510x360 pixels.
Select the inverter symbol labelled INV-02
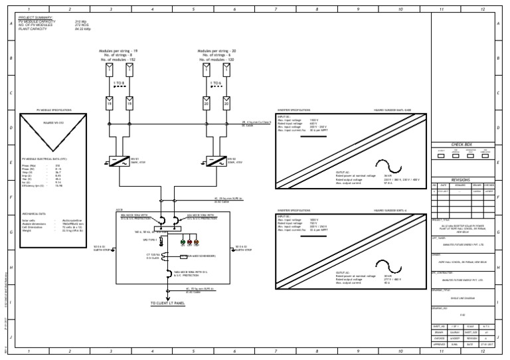(x=217, y=161)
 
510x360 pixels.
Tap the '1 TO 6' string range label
(x=217, y=83)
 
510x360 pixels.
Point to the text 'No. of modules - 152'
(x=118, y=60)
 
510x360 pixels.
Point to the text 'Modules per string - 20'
(x=217, y=50)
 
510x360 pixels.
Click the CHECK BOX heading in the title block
(x=461, y=144)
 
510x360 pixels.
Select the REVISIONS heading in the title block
(x=461, y=179)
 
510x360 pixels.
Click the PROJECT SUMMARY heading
(x=35, y=18)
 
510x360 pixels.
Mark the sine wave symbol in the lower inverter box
(x=384, y=262)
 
